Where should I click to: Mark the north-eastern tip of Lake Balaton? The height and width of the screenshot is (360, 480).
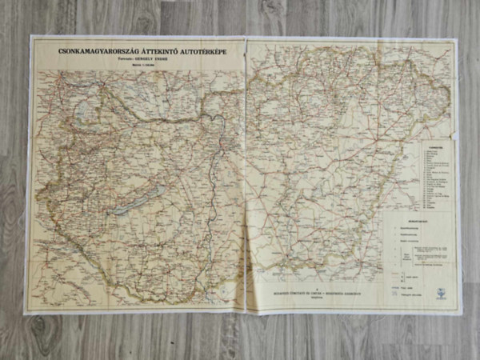point(164,188)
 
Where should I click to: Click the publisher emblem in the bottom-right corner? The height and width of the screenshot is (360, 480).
point(442,293)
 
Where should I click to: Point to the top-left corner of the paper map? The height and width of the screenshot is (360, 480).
point(32,37)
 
